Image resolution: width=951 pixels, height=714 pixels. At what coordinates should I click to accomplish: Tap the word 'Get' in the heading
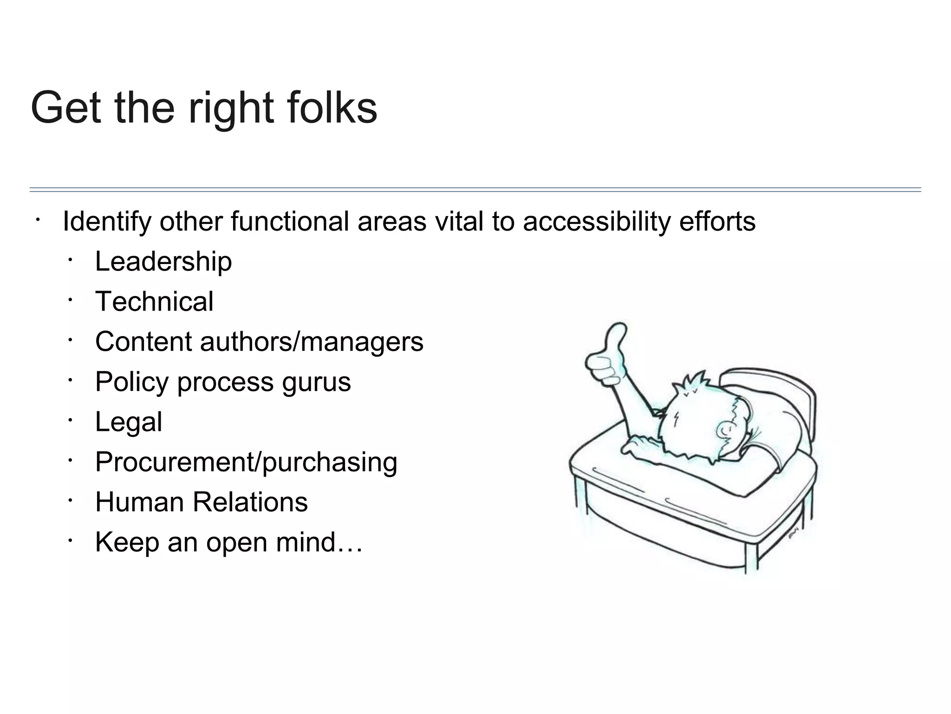(65, 108)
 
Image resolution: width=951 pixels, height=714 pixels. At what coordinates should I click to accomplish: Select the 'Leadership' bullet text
(163, 261)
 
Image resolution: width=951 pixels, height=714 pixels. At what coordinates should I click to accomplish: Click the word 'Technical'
(154, 301)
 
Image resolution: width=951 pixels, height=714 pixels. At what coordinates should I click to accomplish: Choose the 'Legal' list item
(129, 422)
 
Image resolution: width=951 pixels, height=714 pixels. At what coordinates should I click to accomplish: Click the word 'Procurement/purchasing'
(246, 462)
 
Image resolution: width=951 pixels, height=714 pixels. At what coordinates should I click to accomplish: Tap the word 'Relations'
(250, 502)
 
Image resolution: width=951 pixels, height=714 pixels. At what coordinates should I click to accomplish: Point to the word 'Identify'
(107, 222)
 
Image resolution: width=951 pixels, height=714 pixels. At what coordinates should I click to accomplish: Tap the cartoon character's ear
(725, 430)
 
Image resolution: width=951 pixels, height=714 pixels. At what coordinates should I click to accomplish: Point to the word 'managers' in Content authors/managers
(362, 342)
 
